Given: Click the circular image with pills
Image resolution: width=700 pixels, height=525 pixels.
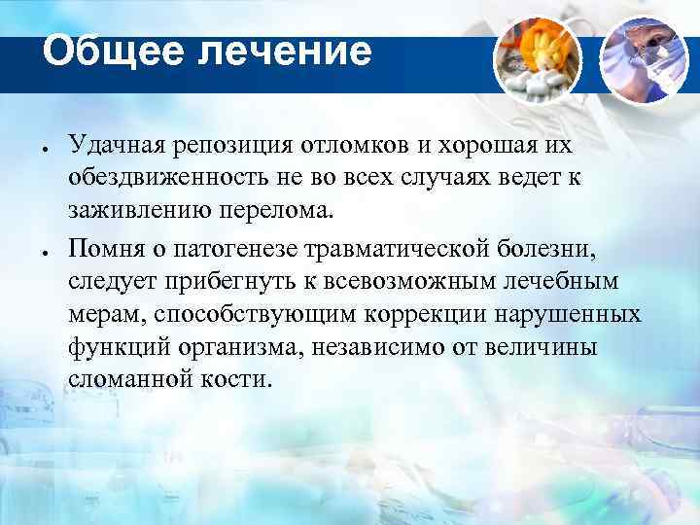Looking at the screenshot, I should point(537,55).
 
